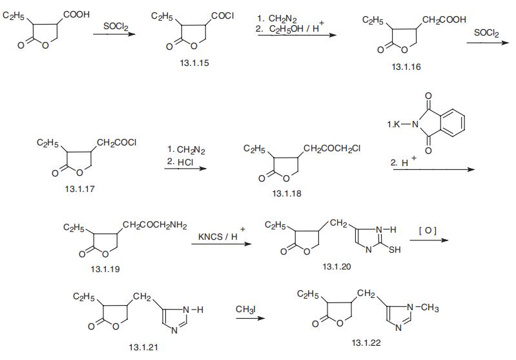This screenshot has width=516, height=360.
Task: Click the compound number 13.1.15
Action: (194, 63)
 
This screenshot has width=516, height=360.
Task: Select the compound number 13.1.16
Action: (406, 67)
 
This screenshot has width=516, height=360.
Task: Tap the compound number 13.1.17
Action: (79, 189)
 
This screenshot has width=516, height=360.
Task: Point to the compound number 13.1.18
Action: (287, 193)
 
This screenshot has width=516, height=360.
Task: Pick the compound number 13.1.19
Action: (105, 269)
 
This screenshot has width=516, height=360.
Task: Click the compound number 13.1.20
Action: (336, 266)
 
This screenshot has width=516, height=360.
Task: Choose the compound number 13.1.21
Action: (143, 347)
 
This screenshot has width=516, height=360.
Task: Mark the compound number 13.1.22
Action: (366, 343)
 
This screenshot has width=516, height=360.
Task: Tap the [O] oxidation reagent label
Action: (428, 230)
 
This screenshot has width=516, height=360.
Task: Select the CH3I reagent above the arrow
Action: (245, 310)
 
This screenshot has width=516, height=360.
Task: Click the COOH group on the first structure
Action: (76, 14)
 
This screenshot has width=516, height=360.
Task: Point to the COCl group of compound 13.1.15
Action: (222, 16)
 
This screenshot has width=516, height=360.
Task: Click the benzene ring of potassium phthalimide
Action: (453, 122)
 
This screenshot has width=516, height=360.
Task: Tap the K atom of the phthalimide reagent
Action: (397, 124)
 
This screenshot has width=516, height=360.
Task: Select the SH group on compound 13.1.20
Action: (395, 249)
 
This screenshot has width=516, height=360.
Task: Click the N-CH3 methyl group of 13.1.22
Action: (429, 308)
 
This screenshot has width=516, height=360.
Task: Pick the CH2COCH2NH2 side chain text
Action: (154, 226)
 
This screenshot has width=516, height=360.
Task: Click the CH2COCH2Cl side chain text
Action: (332, 149)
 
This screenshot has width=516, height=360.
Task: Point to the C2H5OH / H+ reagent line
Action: (290, 28)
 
